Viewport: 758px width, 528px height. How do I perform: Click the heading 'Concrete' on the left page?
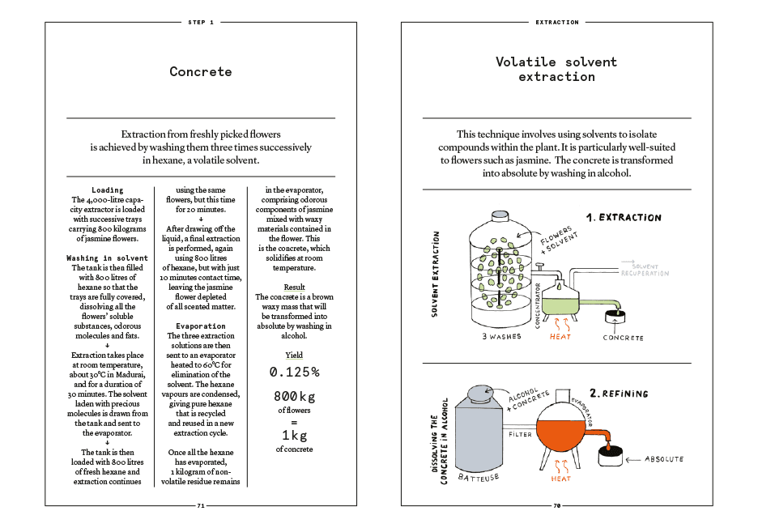coord(201,71)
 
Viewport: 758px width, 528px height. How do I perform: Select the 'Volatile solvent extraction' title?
coord(556,69)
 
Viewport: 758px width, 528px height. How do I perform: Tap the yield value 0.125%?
coord(294,372)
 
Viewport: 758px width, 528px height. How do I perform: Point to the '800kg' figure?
coord(294,397)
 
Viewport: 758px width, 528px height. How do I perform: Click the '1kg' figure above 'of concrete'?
coord(294,436)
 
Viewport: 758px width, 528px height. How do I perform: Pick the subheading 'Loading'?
coord(108,189)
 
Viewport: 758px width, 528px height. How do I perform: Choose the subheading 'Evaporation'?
coord(201,326)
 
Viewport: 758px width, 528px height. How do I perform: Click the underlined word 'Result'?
coord(294,287)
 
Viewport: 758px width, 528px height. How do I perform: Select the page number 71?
coord(201,505)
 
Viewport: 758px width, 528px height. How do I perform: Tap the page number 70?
coord(557,505)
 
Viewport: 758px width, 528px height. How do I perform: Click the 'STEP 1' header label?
coord(201,23)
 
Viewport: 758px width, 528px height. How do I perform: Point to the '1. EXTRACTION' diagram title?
coord(624,217)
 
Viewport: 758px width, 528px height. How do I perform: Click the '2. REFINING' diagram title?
coord(619,394)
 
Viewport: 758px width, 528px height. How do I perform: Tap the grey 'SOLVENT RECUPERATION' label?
coord(645,270)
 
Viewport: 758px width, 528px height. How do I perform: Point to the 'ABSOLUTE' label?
coord(663,459)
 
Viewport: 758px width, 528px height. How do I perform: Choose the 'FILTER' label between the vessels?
coord(520,434)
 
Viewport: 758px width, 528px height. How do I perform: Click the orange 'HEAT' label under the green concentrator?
coord(560,336)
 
